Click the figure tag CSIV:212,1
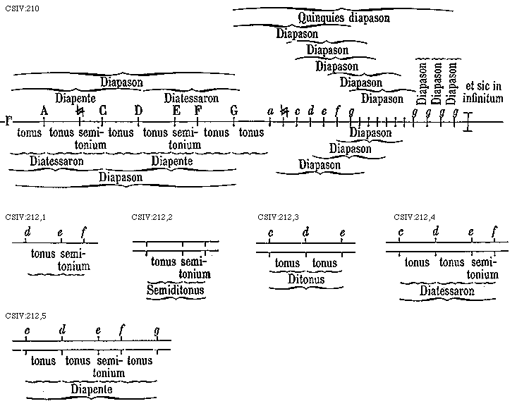coord(24,216)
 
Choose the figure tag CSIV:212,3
coord(279,216)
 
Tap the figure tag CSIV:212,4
coord(415,216)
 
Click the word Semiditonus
coord(176,290)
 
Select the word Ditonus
coord(306,279)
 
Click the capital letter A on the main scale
coord(44,111)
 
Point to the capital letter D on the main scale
coord(138,111)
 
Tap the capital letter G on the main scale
coord(234,111)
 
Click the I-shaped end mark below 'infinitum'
coord(468,121)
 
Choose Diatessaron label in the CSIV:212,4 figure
coord(446,290)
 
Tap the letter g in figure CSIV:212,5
coord(157,330)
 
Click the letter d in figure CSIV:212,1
coord(28,231)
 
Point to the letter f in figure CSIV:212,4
coord(494,231)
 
